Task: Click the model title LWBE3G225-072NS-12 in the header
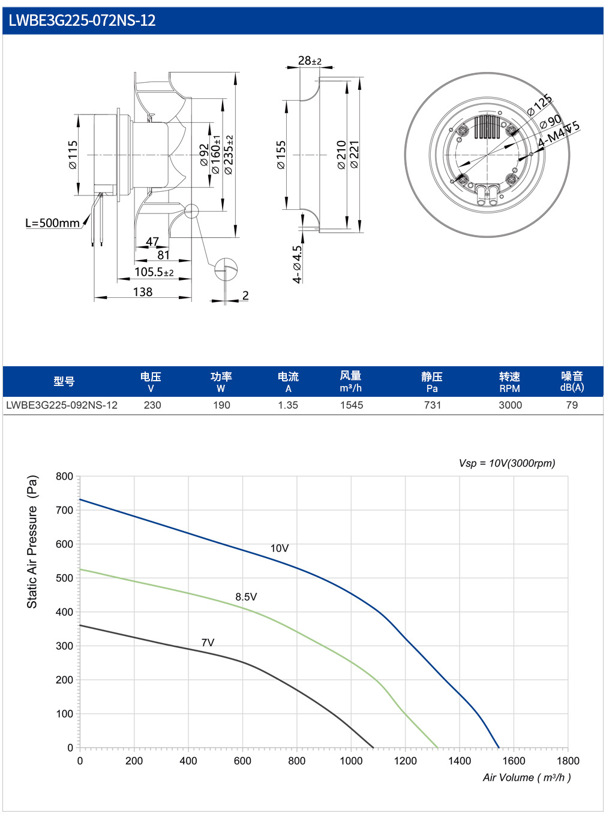point(82,20)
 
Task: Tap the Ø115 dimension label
point(73,155)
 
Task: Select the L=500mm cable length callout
point(52,223)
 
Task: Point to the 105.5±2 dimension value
point(154,272)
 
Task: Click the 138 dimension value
point(143,292)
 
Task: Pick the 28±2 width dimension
point(310,61)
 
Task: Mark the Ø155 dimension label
point(281,155)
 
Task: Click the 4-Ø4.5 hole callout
point(297,264)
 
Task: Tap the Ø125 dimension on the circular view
point(539,105)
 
